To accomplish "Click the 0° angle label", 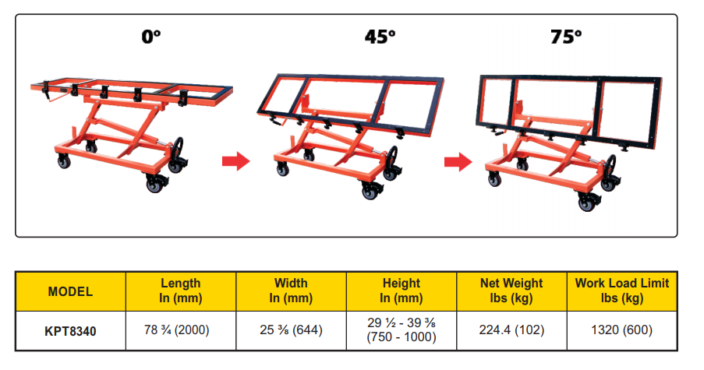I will click(150, 37).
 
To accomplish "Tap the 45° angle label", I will click(380, 37).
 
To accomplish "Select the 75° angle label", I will click(566, 37).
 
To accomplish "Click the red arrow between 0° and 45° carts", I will click(235, 161).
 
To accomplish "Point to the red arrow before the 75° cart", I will click(458, 161).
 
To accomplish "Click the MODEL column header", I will click(70, 292).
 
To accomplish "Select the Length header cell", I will click(180, 291).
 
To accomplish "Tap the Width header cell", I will click(291, 291).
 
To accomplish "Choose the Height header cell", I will click(402, 291).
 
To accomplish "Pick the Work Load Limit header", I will click(622, 291).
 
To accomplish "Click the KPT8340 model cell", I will click(70, 330).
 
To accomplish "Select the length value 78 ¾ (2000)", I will click(180, 330).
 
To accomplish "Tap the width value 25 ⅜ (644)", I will click(291, 330).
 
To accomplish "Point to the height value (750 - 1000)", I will click(402, 337).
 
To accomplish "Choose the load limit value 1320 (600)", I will click(622, 330).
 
